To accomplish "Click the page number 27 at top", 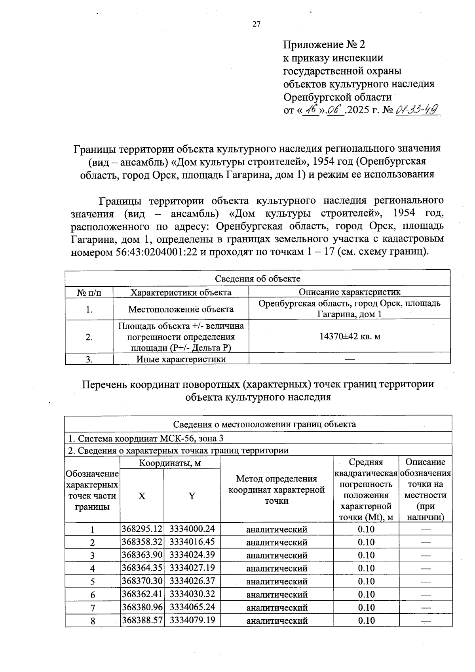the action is point(256,24).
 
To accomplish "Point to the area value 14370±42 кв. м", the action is point(350,337).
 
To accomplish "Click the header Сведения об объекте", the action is point(257,278).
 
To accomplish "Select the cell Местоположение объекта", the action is point(181,309).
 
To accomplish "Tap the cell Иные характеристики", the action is point(181,359).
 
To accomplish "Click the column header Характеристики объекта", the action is point(181,292).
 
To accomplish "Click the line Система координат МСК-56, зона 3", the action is point(146,438).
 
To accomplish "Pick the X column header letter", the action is point(142,496).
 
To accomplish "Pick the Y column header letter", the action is point(192,496).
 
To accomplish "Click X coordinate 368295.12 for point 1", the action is point(142,529).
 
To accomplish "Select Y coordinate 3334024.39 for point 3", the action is point(192,555).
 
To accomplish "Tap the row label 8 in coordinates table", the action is point(92,621).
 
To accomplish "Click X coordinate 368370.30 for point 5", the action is point(142,581).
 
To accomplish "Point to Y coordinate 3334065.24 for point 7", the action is point(192,607).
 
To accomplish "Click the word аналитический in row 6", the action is point(277,594).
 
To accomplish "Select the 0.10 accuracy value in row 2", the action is point(366,542).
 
